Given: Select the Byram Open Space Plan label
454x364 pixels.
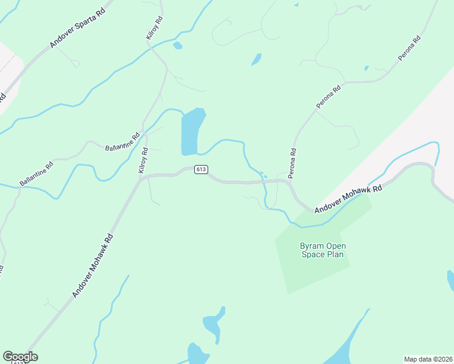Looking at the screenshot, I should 322,250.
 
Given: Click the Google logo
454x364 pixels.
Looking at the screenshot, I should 20,357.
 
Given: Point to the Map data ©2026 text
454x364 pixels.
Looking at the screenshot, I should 427,359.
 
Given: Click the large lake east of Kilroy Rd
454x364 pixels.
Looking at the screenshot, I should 192,131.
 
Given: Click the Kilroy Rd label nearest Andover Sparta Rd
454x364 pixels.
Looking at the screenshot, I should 154,29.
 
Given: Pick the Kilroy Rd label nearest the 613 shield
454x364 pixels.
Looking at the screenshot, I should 144,160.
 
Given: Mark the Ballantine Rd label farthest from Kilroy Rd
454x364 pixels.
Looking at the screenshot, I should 36,173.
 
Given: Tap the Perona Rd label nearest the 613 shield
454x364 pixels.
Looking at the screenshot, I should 293,163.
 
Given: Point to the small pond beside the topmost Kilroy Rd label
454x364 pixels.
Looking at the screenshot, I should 177,45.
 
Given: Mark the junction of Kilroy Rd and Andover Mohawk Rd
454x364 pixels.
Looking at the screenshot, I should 141,177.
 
